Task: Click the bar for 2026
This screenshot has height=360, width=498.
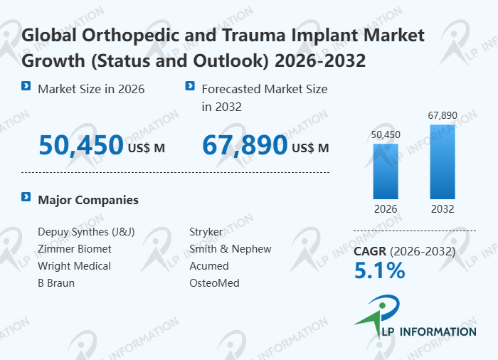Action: pyautogui.click(x=386, y=171)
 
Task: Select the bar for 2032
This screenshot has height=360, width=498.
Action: pyautogui.click(x=442, y=162)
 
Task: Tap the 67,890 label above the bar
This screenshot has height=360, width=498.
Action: pyautogui.click(x=442, y=115)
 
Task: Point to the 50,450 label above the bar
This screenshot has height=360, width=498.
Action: pyautogui.click(x=386, y=134)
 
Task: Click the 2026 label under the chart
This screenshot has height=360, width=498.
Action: pyautogui.click(x=386, y=209)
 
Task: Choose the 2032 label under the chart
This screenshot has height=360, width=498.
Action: pyautogui.click(x=442, y=209)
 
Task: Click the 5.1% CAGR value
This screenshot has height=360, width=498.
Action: pyautogui.click(x=379, y=270)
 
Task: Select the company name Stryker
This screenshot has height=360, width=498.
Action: pyautogui.click(x=206, y=232)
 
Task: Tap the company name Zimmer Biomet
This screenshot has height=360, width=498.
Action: pyautogui.click(x=75, y=249)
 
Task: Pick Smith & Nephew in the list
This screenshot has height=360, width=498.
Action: pyautogui.click(x=230, y=249)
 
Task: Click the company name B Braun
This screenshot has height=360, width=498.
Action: pyautogui.click(x=56, y=283)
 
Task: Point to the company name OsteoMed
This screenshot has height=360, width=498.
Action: pyautogui.click(x=214, y=283)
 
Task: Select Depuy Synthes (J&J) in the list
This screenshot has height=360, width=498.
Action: pyautogui.click(x=86, y=232)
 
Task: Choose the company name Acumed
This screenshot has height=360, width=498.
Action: pyautogui.click(x=209, y=266)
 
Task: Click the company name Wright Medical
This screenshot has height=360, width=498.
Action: pyautogui.click(x=75, y=266)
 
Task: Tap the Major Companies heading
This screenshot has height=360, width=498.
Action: pyautogui.click(x=88, y=200)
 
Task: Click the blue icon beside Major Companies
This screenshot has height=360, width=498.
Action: pyautogui.click(x=26, y=197)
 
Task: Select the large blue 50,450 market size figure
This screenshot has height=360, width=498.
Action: pyautogui.click(x=80, y=145)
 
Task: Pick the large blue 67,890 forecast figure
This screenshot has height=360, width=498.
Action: pyautogui.click(x=245, y=145)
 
